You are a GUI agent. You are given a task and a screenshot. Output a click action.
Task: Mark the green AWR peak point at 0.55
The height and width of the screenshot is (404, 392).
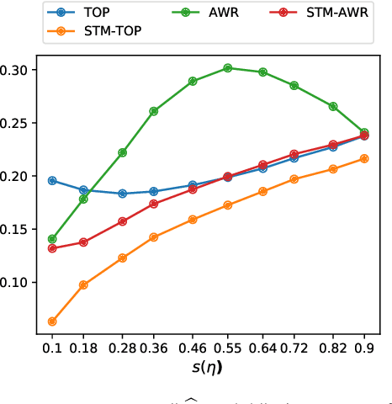[227, 68]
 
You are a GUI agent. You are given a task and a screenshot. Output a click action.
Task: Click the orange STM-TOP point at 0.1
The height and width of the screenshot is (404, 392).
[52, 322]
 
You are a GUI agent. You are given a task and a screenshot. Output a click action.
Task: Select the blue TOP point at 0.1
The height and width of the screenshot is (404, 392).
[52, 181]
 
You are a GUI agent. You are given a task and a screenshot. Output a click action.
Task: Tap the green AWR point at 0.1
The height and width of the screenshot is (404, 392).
[52, 239]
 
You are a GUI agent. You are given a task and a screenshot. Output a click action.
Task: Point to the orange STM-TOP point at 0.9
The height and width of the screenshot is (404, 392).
[364, 158]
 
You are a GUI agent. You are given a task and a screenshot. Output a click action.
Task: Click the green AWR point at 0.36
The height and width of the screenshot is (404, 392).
[153, 111]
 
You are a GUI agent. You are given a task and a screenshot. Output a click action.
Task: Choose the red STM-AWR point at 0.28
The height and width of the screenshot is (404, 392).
[122, 221]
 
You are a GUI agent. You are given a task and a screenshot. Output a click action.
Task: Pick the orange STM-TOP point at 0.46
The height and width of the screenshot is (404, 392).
[193, 220]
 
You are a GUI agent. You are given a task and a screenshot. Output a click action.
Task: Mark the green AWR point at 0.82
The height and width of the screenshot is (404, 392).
[333, 107]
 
